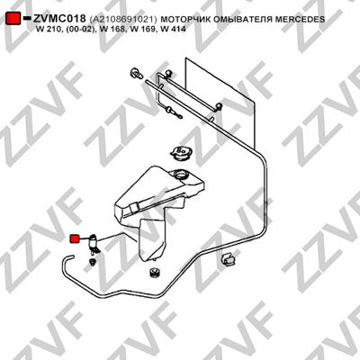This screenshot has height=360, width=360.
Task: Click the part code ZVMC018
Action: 59,19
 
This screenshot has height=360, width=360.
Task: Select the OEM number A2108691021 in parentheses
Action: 123,20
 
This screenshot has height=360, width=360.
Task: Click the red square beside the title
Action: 13,18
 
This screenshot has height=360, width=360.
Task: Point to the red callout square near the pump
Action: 74,238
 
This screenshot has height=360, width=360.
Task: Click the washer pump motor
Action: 94,244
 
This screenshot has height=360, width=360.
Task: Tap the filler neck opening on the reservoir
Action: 181,175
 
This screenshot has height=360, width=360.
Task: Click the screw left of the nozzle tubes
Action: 136,73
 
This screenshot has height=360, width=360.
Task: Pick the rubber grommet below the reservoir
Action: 155,272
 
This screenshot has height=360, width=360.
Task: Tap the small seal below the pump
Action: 93,263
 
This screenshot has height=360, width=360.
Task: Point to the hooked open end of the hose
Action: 67,257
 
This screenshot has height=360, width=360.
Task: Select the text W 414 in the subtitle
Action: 174,29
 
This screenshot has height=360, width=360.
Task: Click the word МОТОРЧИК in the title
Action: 185,20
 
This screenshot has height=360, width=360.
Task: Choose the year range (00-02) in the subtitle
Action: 81,29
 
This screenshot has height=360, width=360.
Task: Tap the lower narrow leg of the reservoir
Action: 152,239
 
